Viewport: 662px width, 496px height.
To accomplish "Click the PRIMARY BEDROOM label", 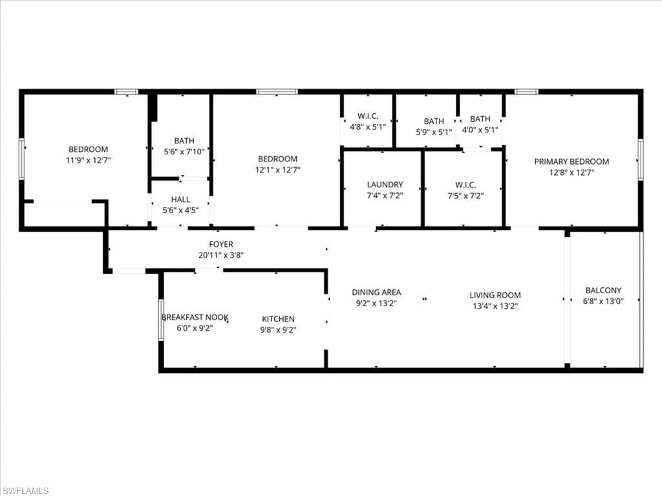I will (x=571, y=161).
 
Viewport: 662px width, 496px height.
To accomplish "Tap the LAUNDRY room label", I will (x=385, y=185).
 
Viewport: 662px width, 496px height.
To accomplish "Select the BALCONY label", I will (x=604, y=290).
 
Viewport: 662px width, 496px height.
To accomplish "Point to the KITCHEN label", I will (x=278, y=318).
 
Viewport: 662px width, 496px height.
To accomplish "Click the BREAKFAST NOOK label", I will (x=195, y=317).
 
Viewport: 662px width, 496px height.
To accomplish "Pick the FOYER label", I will (x=220, y=244).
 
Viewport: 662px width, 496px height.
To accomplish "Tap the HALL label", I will (x=180, y=200).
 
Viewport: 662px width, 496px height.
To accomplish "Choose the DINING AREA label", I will (x=376, y=293).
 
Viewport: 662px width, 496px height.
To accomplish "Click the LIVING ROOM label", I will (x=495, y=295).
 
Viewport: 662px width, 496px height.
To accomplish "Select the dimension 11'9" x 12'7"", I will (x=88, y=160).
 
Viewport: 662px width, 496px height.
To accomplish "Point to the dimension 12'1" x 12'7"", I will (x=277, y=170).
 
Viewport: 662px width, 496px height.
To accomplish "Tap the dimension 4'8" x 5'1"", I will (x=368, y=127).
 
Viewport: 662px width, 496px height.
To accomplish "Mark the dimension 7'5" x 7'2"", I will (x=465, y=196).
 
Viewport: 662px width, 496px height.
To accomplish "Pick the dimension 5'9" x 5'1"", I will (x=434, y=131).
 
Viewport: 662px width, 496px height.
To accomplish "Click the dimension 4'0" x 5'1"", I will (x=480, y=129).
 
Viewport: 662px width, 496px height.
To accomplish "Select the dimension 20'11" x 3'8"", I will (x=220, y=254).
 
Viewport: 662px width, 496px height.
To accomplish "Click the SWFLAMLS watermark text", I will (x=25, y=491).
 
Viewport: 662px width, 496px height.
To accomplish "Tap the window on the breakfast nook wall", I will (x=161, y=319).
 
